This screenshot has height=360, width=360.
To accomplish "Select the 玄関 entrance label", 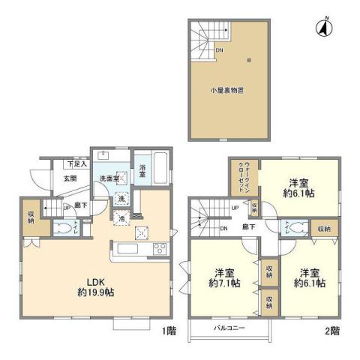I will pyautogui.click(x=70, y=178).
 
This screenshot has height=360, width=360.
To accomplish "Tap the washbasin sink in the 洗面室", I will pyautogui.click(x=105, y=157).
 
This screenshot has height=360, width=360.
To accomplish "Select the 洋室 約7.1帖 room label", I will pyautogui.click(x=224, y=277).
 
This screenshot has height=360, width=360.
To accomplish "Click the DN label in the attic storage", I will pyautogui.click(x=218, y=51).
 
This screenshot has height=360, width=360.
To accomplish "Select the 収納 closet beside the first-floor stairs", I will pyautogui.click(x=30, y=218).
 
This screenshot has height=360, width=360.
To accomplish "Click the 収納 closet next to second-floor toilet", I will pyautogui.click(x=322, y=229).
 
